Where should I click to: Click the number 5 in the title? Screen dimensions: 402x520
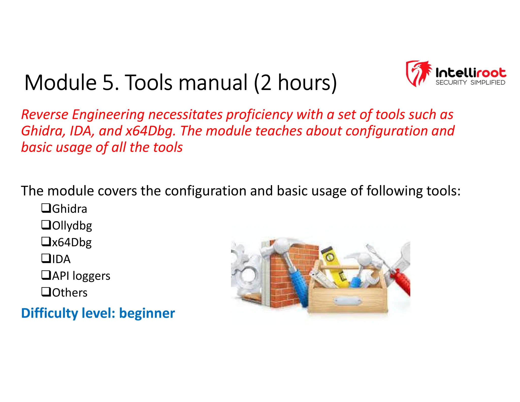[108, 83]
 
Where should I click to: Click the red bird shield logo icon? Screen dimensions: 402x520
[418, 73]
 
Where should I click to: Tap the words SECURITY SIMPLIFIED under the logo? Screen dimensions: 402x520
[470, 83]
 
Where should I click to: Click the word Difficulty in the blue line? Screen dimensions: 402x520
[50, 313]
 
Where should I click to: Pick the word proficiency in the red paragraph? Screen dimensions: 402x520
[259, 115]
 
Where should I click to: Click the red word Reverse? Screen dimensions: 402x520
[45, 115]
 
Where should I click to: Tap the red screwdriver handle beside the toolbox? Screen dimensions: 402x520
[401, 282]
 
